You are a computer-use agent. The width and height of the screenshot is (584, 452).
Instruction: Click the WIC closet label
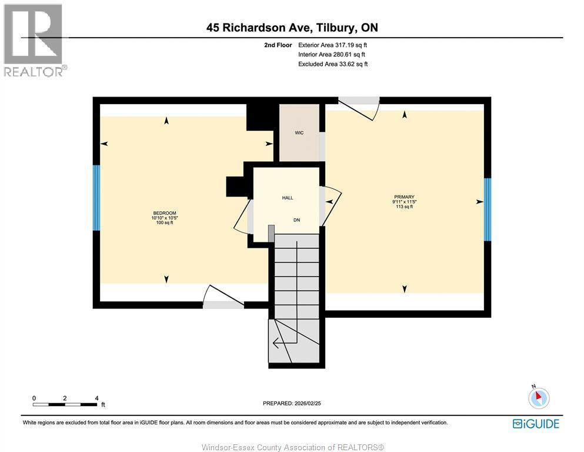tap(299, 133)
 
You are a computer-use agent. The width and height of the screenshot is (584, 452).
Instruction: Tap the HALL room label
tap(287, 198)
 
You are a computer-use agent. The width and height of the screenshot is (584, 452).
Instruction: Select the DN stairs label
tap(297, 220)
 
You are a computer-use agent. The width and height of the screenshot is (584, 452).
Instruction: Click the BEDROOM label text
tap(165, 213)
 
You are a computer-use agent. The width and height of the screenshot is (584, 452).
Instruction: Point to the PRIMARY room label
tap(404, 197)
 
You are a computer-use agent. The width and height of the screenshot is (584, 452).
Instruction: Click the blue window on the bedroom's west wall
tap(96, 197)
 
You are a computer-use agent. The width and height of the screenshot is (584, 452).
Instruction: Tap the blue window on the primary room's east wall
tap(487, 210)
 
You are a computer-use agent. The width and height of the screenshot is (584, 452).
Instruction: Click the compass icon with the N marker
tap(538, 398)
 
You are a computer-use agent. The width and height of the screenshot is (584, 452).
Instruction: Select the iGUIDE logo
tap(536, 423)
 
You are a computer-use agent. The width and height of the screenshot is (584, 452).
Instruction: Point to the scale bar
tap(65, 404)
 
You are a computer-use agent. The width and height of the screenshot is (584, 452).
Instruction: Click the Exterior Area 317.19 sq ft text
tap(333, 45)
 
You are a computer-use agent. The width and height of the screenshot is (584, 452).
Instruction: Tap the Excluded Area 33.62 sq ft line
tap(333, 64)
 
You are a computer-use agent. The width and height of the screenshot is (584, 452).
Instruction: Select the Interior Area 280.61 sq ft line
tap(333, 54)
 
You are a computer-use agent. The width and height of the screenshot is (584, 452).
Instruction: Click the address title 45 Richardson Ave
tap(292, 27)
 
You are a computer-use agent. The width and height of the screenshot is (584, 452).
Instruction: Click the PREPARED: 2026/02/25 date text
tap(292, 403)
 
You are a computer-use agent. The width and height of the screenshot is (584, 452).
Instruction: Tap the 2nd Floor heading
tap(278, 45)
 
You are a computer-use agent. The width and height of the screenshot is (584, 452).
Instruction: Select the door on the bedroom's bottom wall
tap(223, 298)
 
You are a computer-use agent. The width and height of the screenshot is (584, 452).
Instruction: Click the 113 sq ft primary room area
tap(404, 207)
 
